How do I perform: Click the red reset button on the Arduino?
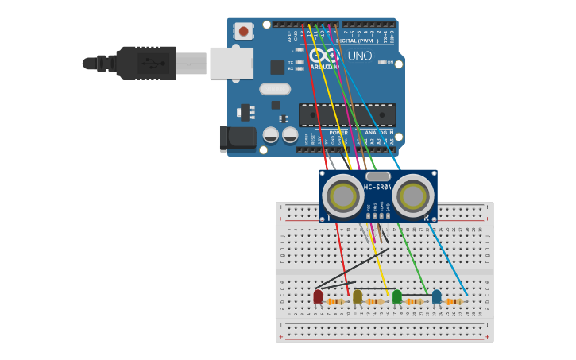243,31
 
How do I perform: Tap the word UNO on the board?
360,56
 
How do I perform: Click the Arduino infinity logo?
323,56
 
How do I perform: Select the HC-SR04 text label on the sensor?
378,188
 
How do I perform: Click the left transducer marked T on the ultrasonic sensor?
342,195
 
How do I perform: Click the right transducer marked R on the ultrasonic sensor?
413,195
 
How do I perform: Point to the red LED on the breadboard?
318,296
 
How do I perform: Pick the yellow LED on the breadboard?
358,296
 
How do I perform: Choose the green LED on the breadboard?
397,296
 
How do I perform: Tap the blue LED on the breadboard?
436,296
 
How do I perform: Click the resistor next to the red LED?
335,302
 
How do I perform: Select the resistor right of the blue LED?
454,302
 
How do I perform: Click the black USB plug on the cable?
146,63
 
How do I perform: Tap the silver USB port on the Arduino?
231,63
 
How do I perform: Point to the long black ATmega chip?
346,114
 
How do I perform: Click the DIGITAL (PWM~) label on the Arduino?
358,41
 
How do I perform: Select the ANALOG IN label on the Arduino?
379,133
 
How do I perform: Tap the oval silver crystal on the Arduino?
275,89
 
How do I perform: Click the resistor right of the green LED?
414,302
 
